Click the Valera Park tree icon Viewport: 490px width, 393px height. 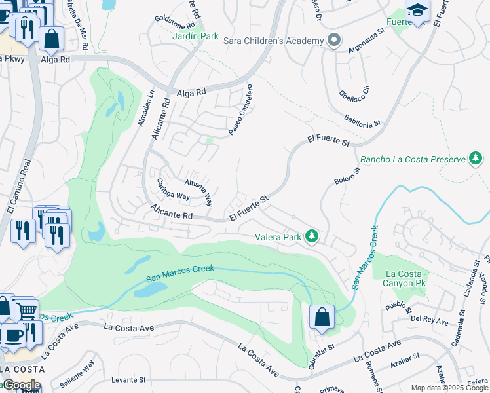coord(313,236)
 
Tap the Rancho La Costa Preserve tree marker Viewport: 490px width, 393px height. coord(476,159)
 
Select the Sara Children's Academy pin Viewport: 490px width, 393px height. coord(334,41)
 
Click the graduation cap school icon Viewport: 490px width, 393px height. coord(417,10)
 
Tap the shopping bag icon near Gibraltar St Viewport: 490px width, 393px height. coord(322,318)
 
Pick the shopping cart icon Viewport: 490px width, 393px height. coord(27,310)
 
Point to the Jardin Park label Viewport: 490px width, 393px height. coord(195,37)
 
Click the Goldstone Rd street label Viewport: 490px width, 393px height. coord(175,22)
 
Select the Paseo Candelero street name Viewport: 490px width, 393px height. coord(240,109)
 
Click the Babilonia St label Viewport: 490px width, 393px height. coord(362,119)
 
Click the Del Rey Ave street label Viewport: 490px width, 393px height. coord(430,322)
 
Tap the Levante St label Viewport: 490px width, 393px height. coord(128,380)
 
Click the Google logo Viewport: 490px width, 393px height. coord(21,385)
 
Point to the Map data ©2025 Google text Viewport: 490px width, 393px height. coord(449,388)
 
